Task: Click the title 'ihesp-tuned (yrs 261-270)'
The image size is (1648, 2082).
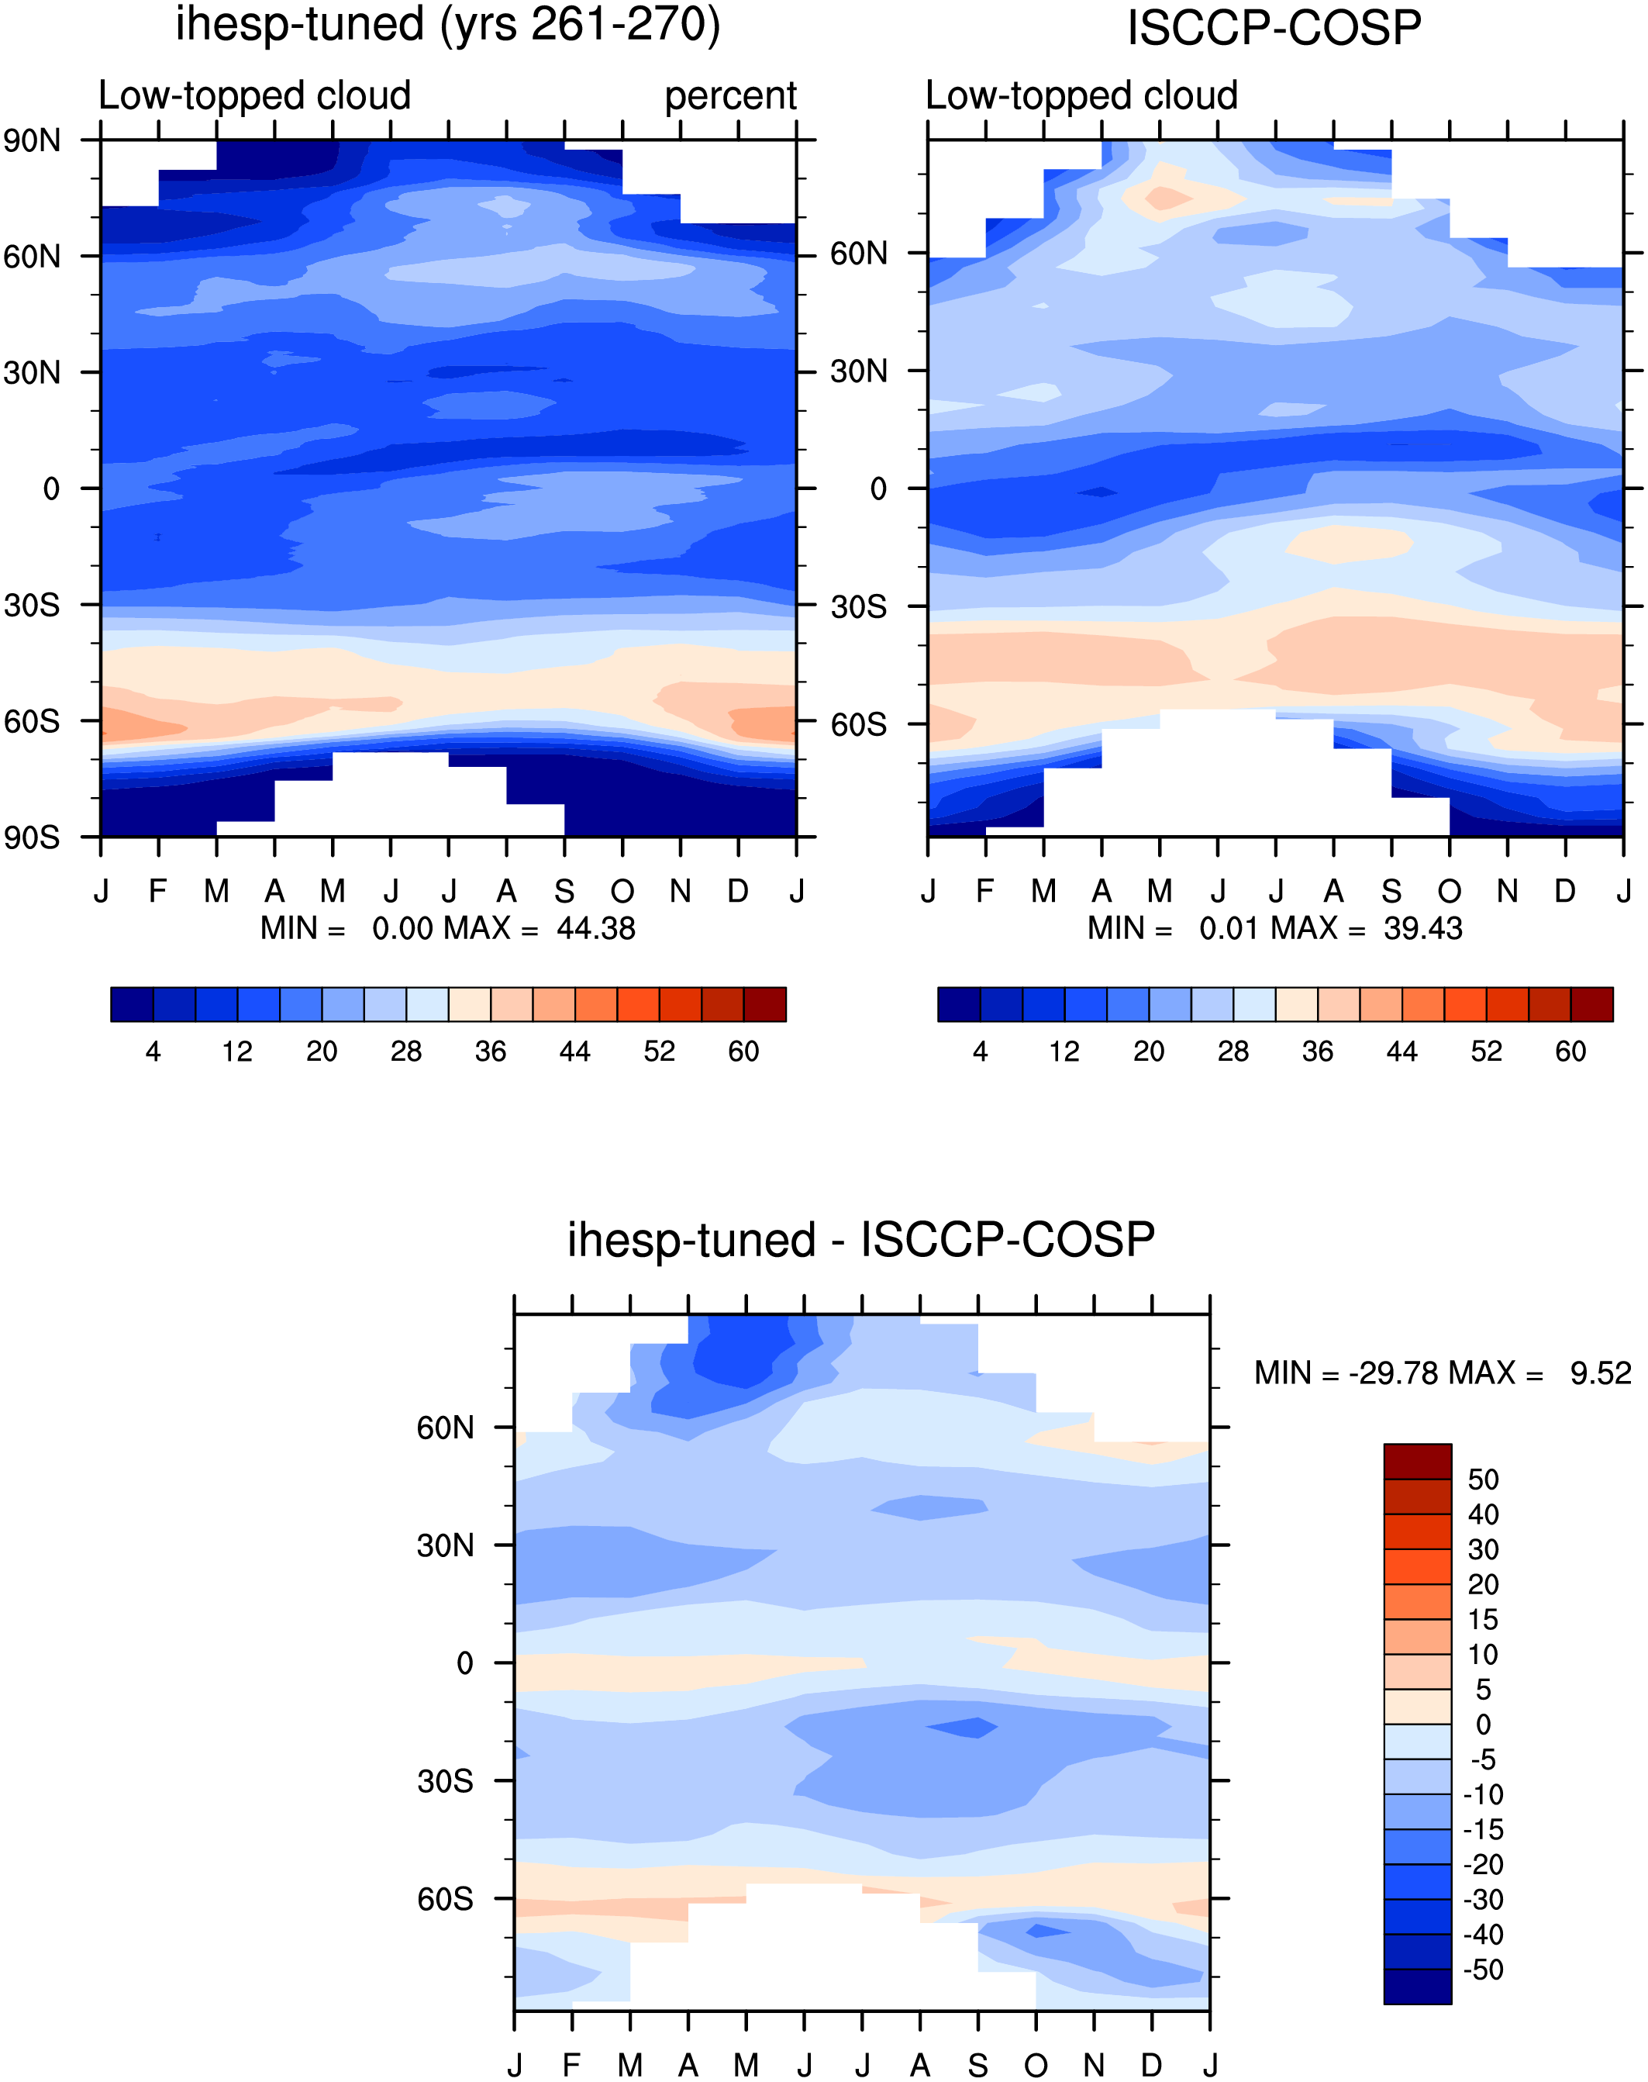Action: coord(448,25)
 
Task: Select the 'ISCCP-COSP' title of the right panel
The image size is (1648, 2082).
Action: coord(1274,28)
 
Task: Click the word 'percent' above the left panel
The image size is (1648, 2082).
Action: coord(730,96)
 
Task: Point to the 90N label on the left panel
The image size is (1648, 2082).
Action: coord(32,141)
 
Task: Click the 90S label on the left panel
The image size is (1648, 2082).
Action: coord(32,837)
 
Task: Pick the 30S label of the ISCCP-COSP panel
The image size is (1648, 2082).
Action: coord(859,607)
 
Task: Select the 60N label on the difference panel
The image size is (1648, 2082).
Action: coord(445,1428)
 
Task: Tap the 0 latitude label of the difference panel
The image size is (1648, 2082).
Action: coord(465,1663)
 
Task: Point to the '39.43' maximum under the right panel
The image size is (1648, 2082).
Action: coord(1423,928)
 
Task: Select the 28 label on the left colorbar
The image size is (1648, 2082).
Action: coord(406,1051)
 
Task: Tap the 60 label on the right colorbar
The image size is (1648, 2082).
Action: coord(1570,1051)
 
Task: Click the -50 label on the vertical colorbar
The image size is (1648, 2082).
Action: coord(1483,1970)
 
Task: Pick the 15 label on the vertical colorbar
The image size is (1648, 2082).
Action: coord(1483,1620)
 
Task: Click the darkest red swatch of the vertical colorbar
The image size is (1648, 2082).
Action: coord(1418,1462)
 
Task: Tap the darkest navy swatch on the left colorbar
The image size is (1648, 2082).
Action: coord(133,1004)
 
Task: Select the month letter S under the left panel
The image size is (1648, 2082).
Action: coord(564,891)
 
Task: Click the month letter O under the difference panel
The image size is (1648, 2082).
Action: coord(1036,2066)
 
